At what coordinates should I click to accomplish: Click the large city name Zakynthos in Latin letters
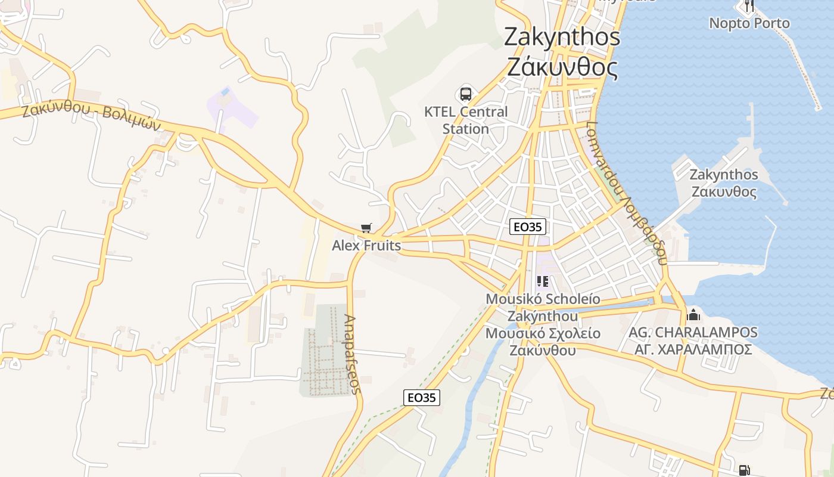tap(562, 37)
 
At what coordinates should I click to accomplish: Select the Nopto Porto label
tap(749, 23)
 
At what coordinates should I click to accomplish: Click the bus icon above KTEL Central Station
tap(465, 94)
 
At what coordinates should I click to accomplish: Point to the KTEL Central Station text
tap(466, 120)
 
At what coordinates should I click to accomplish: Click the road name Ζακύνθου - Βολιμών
tap(92, 117)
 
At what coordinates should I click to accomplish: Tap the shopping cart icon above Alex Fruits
tap(366, 228)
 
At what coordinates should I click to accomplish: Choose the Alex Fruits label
tap(366, 245)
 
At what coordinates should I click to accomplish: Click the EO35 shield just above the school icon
tap(528, 227)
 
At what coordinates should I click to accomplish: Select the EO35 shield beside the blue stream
tap(422, 398)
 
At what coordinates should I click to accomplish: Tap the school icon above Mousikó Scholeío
tap(542, 281)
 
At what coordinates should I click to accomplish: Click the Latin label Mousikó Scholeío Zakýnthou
tap(543, 307)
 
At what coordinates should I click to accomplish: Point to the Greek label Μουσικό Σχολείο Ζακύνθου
tap(543, 342)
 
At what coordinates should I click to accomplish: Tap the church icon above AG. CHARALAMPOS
tap(693, 314)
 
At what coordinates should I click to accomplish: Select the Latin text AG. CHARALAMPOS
tap(693, 332)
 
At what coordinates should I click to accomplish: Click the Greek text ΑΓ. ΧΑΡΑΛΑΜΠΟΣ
tap(693, 349)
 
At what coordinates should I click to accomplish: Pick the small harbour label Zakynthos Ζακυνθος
tap(724, 183)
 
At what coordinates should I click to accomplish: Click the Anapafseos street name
tap(353, 355)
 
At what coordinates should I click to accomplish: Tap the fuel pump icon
tap(744, 470)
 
